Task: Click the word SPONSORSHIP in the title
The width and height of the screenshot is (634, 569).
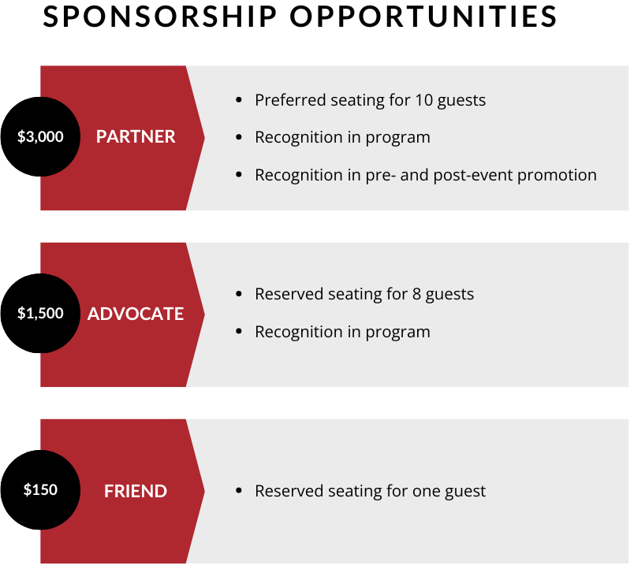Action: (x=160, y=17)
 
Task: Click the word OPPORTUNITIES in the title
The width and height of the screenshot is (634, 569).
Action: (x=423, y=17)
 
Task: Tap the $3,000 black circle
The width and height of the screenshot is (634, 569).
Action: (x=40, y=136)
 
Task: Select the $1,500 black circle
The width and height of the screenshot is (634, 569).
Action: (x=40, y=313)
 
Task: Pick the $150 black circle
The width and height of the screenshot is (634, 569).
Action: (x=40, y=489)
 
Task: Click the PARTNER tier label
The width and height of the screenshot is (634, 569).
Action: (x=136, y=136)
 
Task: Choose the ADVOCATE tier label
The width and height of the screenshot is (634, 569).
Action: (x=136, y=314)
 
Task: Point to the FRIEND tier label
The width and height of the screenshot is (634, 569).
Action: (x=136, y=491)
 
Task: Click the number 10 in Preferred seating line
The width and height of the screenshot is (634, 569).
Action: (x=423, y=100)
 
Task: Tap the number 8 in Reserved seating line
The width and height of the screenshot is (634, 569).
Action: (x=417, y=294)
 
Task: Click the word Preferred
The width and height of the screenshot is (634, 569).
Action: (x=290, y=100)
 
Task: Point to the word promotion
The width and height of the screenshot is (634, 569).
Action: (x=558, y=175)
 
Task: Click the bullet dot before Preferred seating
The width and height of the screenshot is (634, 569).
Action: (x=239, y=100)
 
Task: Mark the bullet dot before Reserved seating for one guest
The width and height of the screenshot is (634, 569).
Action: (x=239, y=491)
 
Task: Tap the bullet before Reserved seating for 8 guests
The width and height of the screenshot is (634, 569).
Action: (x=239, y=294)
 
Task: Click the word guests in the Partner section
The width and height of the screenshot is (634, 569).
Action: (x=462, y=101)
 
